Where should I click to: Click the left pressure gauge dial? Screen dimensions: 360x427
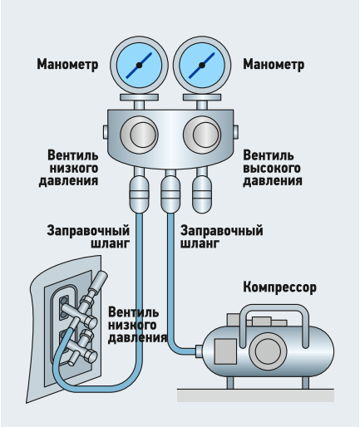click(139, 65)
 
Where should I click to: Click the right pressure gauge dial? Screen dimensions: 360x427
click(202, 65)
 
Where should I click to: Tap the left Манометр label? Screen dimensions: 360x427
click(67, 65)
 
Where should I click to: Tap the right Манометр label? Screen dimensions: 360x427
click(274, 65)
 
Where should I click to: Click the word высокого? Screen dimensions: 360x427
click(272, 169)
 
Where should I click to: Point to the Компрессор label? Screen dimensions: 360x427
click(279, 287)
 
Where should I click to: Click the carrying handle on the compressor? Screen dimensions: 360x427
click(274, 308)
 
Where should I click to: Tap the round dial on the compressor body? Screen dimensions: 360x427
click(268, 351)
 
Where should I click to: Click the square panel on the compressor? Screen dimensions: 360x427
click(225, 351)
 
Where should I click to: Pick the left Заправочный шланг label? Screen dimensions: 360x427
click(88, 237)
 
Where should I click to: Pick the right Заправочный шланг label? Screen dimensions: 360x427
click(222, 237)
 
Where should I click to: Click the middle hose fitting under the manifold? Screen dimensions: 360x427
click(170, 194)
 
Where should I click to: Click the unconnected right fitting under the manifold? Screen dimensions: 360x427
click(202, 194)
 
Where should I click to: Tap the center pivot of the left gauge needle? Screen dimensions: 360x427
click(139, 65)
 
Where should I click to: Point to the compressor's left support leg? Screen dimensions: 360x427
click(230, 383)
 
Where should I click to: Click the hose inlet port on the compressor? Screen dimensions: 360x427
click(200, 351)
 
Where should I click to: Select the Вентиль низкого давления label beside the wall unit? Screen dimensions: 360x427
click(137, 325)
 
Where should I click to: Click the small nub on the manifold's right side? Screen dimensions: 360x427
click(236, 132)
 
